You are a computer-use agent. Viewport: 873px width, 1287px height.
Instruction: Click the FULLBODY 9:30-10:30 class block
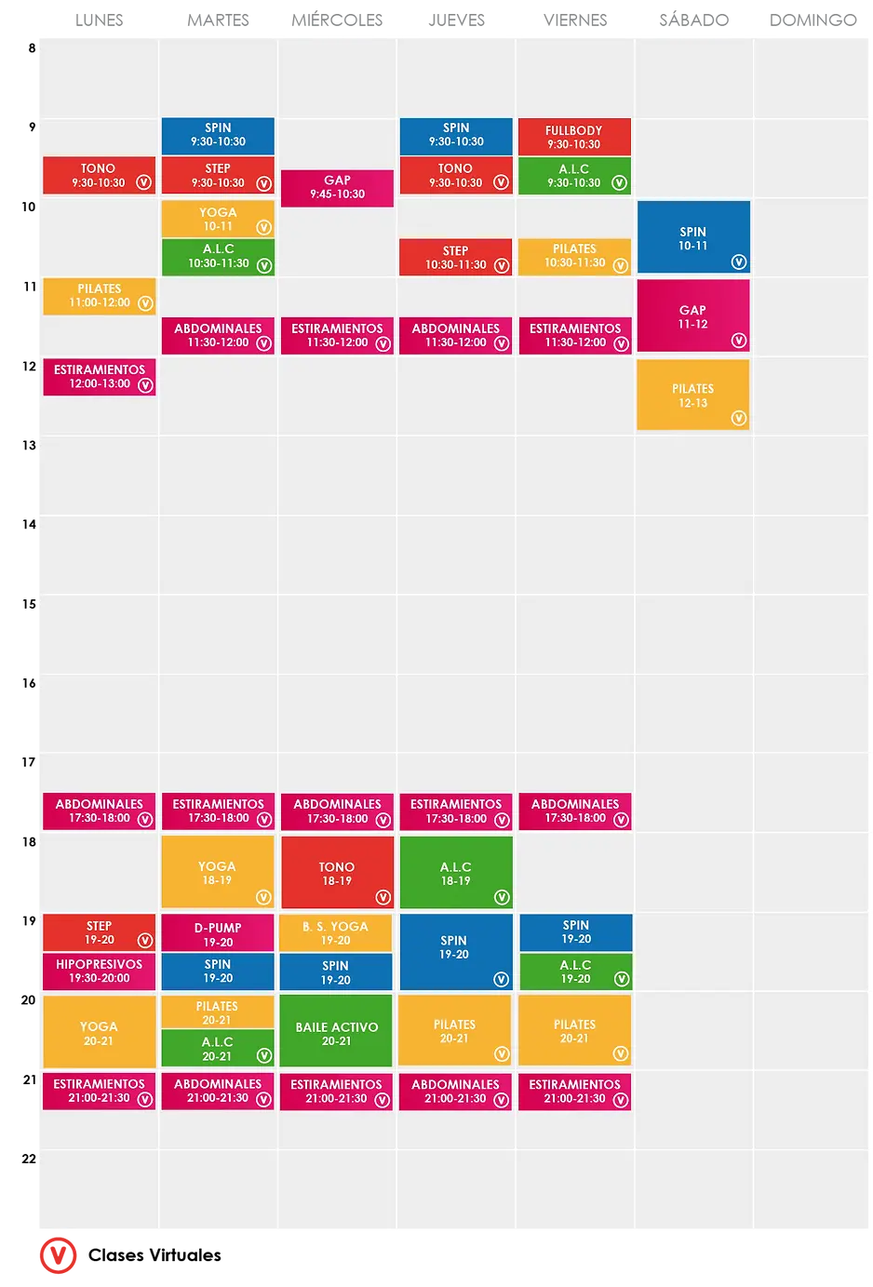point(574,137)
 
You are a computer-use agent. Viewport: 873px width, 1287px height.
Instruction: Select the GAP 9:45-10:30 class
point(337,187)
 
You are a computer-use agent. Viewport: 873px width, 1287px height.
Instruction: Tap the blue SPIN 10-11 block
point(693,237)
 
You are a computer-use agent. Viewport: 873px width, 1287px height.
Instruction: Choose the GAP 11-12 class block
point(693,316)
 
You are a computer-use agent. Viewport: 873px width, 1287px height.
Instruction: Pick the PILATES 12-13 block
point(693,395)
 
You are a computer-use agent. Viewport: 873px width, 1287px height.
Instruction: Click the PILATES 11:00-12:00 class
point(100,296)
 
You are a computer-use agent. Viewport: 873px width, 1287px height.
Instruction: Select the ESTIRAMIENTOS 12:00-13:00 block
point(100,377)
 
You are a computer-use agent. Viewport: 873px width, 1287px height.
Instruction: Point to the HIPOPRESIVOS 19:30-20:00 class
point(100,972)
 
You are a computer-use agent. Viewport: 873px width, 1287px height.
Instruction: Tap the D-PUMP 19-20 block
point(218,934)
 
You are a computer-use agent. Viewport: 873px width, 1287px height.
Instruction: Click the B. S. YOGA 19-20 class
point(336,933)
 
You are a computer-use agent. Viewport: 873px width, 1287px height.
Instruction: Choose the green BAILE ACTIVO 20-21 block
point(336,1033)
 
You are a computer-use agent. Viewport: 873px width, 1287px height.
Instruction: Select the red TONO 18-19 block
point(337,873)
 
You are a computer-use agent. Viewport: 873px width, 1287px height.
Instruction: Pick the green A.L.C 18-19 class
point(456,873)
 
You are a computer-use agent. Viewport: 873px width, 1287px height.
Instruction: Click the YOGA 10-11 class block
point(218,219)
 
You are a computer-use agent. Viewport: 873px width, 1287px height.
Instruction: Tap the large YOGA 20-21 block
point(100,1033)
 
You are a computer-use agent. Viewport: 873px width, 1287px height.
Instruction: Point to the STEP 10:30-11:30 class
point(456,258)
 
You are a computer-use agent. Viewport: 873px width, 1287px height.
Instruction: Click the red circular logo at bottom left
point(60,1255)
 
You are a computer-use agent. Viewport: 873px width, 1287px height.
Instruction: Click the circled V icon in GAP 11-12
point(739,341)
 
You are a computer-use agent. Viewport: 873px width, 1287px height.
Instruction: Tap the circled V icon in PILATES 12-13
point(739,419)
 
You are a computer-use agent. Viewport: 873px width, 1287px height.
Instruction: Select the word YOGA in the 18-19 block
point(217,866)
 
